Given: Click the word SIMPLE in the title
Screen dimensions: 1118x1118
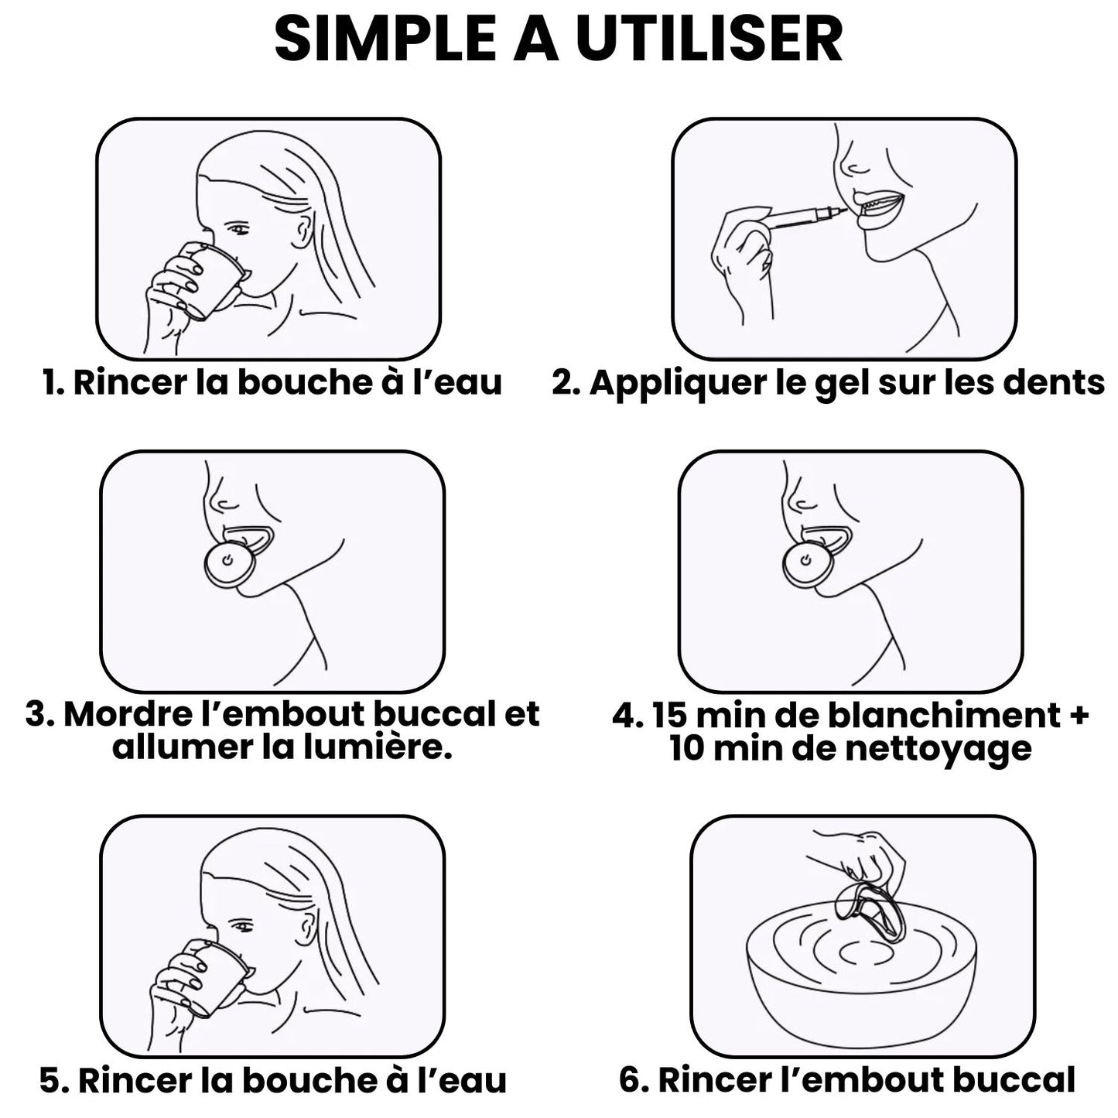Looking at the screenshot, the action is (385, 39).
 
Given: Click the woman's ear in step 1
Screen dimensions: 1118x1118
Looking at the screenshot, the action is (303, 231).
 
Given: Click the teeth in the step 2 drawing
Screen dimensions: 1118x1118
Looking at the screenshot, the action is (878, 203).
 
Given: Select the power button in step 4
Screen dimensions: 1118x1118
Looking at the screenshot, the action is (804, 559).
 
